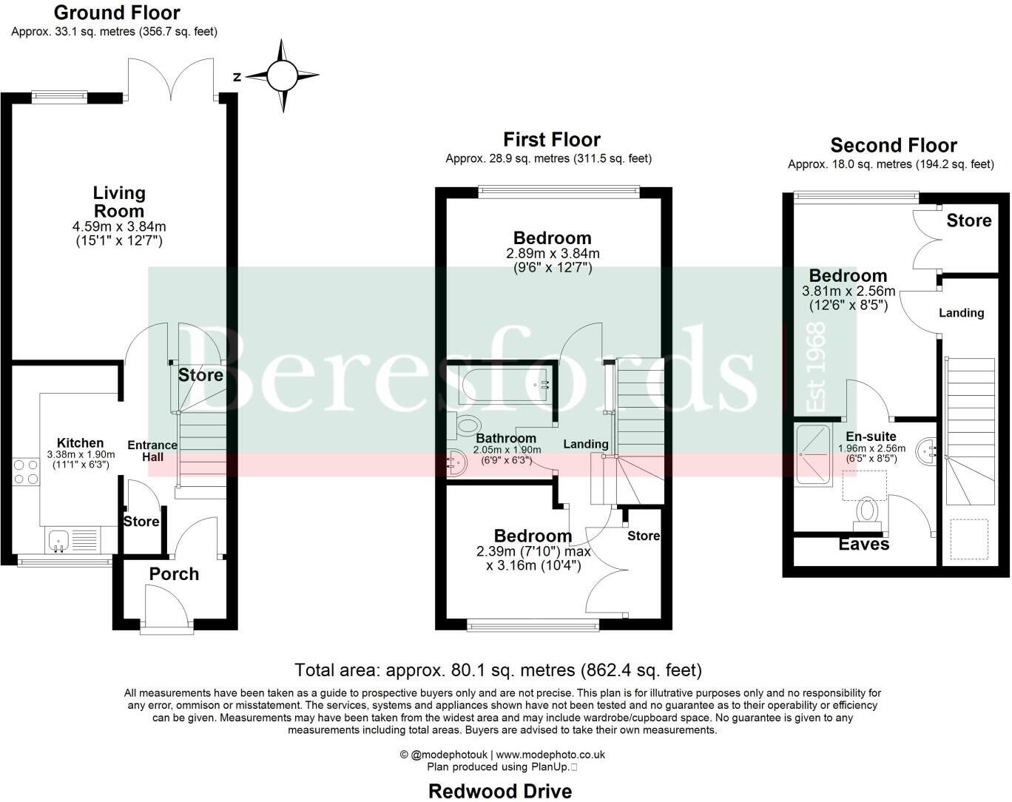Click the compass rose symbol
tap(282, 75)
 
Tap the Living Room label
tap(119, 201)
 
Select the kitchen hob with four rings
tap(26, 471)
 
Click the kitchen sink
tap(58, 542)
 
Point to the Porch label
tap(174, 574)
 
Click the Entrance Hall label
tap(152, 451)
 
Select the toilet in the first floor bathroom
tap(467, 425)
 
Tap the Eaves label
tap(863, 545)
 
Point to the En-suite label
tap(871, 437)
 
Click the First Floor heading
tap(552, 139)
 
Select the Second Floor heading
tap(893, 145)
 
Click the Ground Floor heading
tap(117, 13)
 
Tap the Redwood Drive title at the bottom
tap(500, 791)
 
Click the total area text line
tap(498, 670)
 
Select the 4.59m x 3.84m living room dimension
tap(118, 226)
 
